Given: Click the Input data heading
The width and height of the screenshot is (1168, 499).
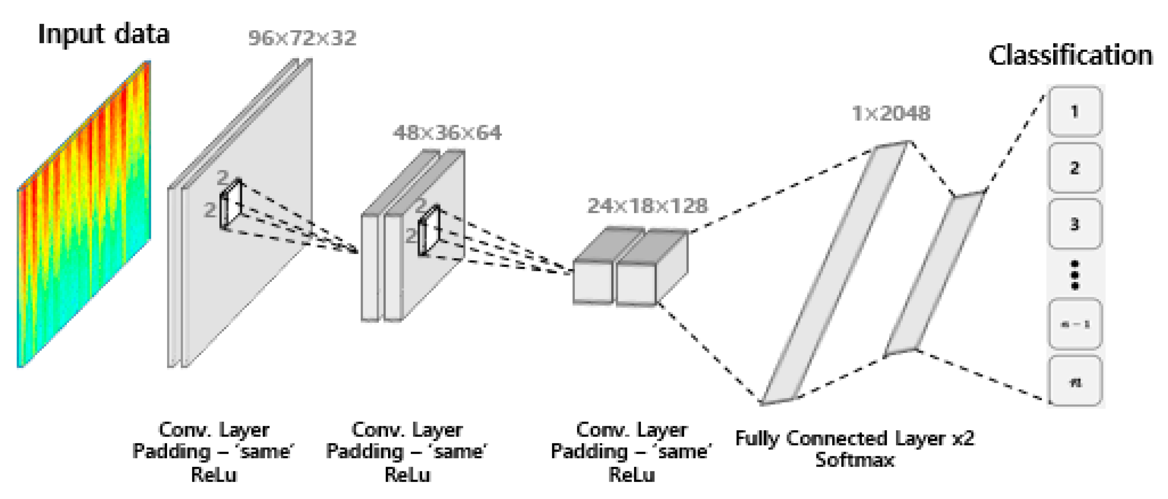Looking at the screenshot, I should pyautogui.click(x=104, y=34).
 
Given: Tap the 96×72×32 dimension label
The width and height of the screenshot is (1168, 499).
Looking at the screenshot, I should pyautogui.click(x=302, y=38).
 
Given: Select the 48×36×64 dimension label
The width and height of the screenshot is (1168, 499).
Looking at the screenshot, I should pyautogui.click(x=447, y=133).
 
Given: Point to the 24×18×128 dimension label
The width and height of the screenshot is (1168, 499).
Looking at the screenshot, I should pyautogui.click(x=647, y=206).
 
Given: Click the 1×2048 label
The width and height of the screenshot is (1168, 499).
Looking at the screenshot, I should pyautogui.click(x=891, y=113).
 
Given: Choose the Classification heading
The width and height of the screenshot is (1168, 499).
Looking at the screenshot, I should pyautogui.click(x=1070, y=56).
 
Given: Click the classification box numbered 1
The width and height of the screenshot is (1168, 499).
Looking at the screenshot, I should pyautogui.click(x=1075, y=111).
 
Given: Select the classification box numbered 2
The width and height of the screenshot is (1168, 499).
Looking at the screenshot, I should pyautogui.click(x=1075, y=168).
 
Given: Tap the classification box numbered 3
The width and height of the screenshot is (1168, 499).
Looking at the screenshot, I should pyautogui.click(x=1075, y=224).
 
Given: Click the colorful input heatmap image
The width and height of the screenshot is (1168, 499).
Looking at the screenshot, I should pyautogui.click(x=84, y=213).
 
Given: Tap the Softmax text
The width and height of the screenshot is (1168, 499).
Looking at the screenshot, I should pyautogui.click(x=854, y=460).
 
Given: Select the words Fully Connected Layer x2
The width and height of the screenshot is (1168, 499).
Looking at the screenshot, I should pyautogui.click(x=854, y=438).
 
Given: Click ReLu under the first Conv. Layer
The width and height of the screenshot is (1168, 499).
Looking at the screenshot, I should pyautogui.click(x=213, y=475).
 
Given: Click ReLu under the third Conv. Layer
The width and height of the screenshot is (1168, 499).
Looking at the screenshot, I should pyautogui.click(x=631, y=475).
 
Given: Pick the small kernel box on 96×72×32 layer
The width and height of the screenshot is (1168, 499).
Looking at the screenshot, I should pyautogui.click(x=231, y=204).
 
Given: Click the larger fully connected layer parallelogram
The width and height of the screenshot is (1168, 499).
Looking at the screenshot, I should pyautogui.click(x=834, y=272).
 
